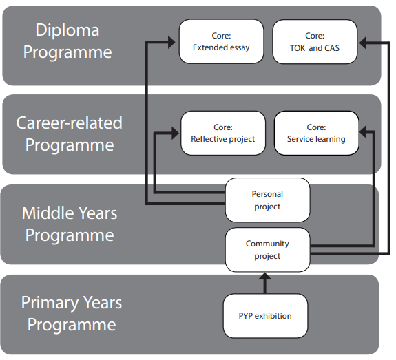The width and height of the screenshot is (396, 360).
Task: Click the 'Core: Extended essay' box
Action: coord(221,41)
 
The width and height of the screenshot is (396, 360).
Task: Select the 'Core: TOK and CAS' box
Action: coord(315,42)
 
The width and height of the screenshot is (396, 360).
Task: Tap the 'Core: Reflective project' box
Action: coord(223,133)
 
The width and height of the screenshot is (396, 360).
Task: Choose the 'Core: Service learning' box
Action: coord(316,133)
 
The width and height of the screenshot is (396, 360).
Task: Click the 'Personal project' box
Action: coord(267,200)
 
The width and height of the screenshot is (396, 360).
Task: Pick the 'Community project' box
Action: coord(267,250)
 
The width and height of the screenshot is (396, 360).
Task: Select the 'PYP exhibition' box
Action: coord(265,315)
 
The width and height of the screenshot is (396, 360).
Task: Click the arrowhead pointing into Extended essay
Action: coord(171,42)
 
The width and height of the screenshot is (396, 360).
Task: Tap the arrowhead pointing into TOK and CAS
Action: coord(363,43)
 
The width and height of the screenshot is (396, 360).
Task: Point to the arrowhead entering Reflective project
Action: coord(175,133)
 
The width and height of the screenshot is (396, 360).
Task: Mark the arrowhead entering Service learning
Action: coord(363,131)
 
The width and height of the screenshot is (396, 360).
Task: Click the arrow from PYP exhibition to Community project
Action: coord(264,283)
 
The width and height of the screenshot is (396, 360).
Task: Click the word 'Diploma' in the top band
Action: coord(67,30)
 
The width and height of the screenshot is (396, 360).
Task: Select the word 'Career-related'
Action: coord(69,123)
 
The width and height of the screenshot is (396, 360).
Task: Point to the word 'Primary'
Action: coord(50,303)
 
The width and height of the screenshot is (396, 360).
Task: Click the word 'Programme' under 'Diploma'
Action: coord(67,53)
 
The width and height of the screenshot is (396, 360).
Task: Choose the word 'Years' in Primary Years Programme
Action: coord(103,302)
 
